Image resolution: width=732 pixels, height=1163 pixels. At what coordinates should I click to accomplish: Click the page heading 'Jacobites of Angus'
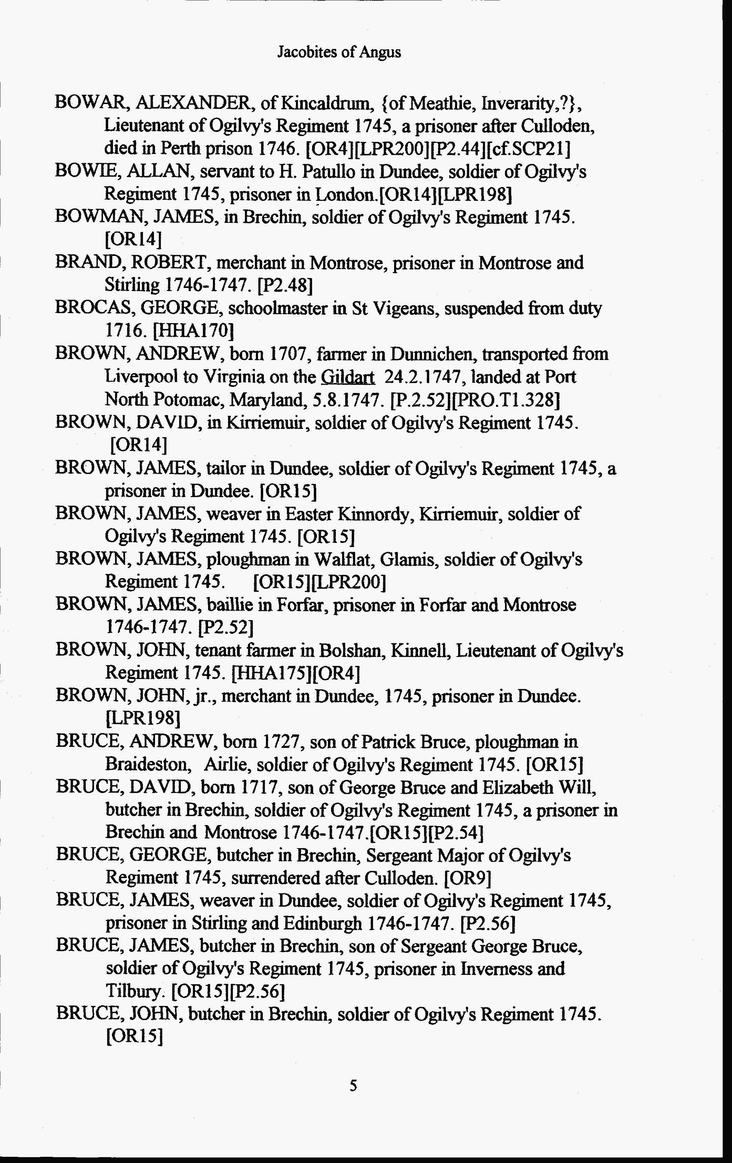pos(339,52)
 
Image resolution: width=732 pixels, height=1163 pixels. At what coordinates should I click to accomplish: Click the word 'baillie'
pos(232,605)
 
